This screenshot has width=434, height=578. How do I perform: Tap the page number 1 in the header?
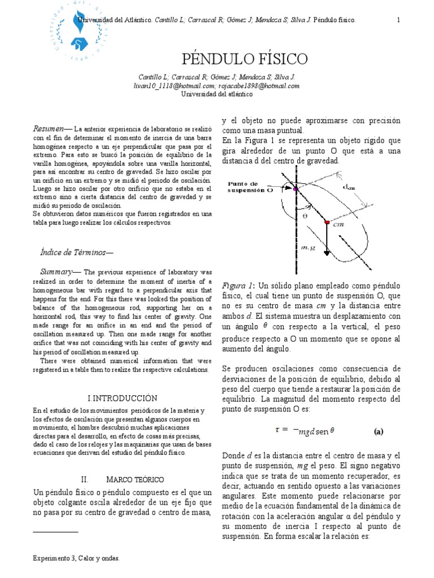(x=398, y=20)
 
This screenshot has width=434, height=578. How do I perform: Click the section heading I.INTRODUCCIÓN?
(x=123, y=398)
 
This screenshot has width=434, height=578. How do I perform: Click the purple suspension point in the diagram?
(x=295, y=189)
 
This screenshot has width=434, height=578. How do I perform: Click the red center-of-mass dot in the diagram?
(x=327, y=223)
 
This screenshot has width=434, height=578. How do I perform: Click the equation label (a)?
(x=379, y=431)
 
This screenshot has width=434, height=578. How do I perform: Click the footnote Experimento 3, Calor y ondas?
(x=76, y=558)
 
